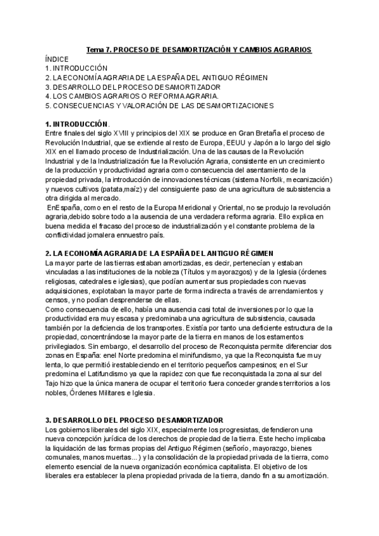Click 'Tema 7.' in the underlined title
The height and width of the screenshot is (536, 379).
pos(99,49)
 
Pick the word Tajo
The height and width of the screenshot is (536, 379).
pos(54,383)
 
